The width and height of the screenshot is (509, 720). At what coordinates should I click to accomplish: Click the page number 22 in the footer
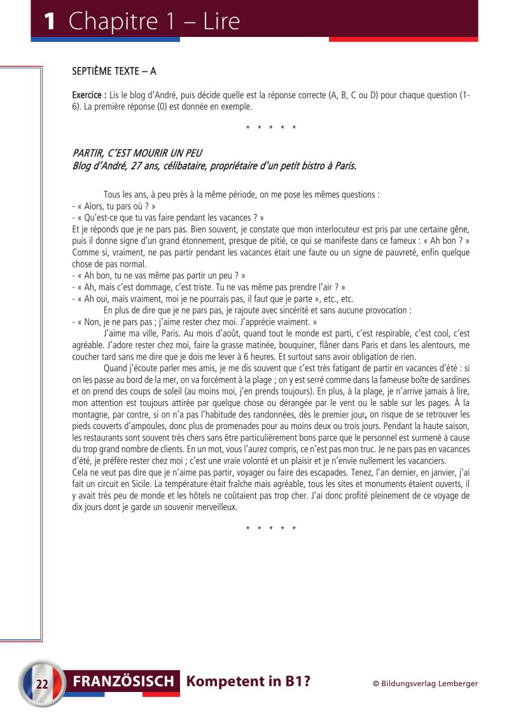(43, 684)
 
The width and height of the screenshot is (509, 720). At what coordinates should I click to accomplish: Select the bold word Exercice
(88, 95)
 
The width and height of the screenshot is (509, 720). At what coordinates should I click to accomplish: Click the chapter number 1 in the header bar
(49, 22)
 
